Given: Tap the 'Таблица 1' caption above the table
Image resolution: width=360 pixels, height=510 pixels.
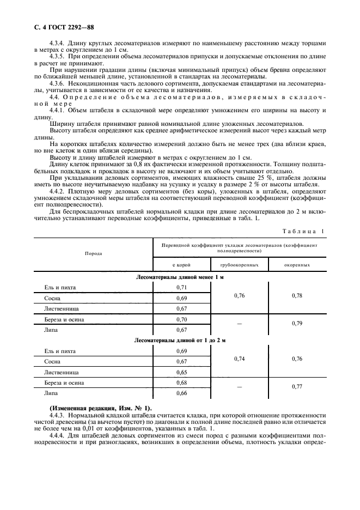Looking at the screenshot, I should (302, 232).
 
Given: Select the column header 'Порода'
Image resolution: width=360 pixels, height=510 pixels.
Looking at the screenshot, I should (93, 253).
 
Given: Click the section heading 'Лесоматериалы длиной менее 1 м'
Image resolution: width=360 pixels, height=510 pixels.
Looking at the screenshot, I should (180, 277).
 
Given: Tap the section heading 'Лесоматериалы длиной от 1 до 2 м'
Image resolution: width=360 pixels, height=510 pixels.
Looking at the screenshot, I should (180, 340).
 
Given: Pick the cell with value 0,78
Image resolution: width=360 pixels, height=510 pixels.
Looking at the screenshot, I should (297, 295).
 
